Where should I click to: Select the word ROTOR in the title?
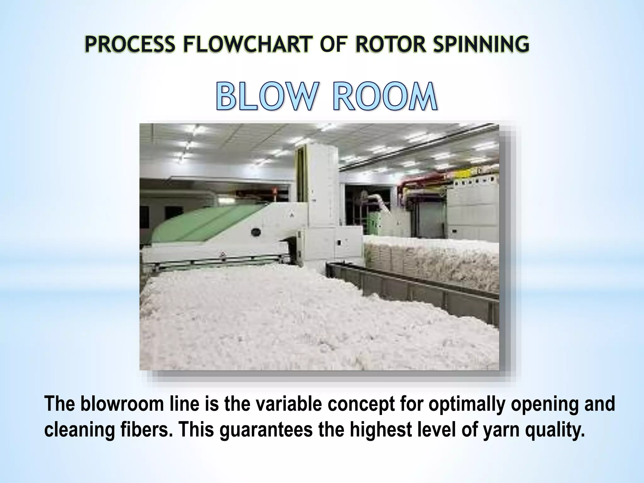pos(390,44)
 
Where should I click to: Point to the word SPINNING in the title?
pos(481,44)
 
